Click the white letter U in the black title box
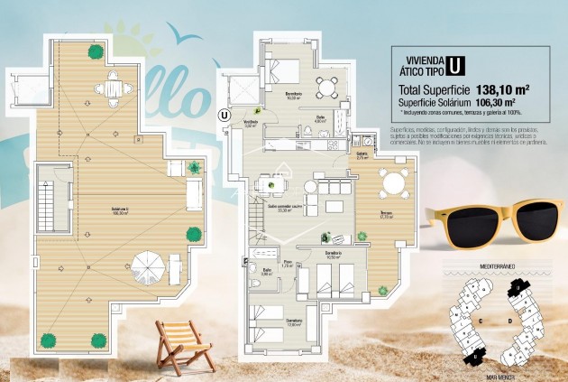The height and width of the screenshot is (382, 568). point(456,65)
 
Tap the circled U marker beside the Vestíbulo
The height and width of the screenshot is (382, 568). point(224,114)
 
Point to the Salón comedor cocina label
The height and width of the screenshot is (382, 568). point(282,210)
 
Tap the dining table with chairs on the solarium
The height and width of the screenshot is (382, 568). point(113,88)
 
